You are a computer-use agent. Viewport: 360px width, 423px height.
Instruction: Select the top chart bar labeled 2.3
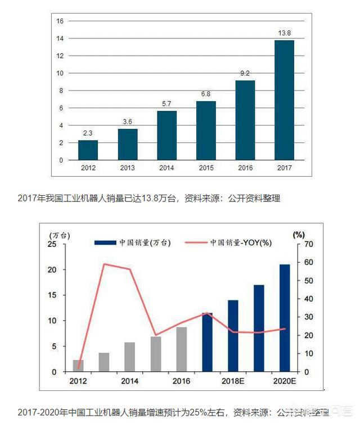pos(88,150)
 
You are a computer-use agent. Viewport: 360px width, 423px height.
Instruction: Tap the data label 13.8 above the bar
pos(284,33)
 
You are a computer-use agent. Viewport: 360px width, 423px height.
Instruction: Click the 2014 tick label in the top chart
pos(166,168)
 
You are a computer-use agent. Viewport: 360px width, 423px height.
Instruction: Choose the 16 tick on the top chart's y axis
pos(60,21)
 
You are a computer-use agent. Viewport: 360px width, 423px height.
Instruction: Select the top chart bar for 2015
pos(206,130)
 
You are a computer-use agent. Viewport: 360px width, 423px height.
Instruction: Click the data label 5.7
pos(166,104)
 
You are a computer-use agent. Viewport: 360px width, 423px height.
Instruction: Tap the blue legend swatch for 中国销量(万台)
pos(105,242)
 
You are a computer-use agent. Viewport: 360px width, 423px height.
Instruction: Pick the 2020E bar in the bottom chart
pos(285,318)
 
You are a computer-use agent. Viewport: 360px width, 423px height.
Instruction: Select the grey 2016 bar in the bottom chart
pos(181,349)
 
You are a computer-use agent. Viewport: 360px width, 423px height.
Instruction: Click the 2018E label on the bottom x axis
pos(232,381)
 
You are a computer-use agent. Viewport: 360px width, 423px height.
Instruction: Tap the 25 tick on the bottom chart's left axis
pos(52,244)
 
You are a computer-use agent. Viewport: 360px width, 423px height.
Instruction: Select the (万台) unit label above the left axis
pos(60,234)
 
